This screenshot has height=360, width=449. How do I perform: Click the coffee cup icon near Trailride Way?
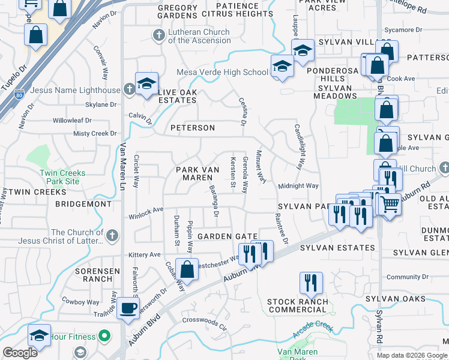click(x=127, y=308)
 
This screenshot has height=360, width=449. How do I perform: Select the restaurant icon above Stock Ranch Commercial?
click(x=310, y=282)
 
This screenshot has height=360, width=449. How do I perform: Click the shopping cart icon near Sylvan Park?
click(x=390, y=204)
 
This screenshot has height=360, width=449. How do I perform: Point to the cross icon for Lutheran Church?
click(x=159, y=36)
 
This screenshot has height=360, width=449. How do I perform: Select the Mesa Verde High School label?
click(x=222, y=73)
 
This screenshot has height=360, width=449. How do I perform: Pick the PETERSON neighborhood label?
click(x=192, y=128)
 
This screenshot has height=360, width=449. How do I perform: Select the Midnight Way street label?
click(x=298, y=186)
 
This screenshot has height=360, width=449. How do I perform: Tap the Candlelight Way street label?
click(x=298, y=146)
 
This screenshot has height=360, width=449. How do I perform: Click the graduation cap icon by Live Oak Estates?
click(x=146, y=84)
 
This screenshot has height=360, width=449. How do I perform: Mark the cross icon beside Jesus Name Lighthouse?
click(x=129, y=90)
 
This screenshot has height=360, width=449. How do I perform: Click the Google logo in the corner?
click(x=20, y=353)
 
